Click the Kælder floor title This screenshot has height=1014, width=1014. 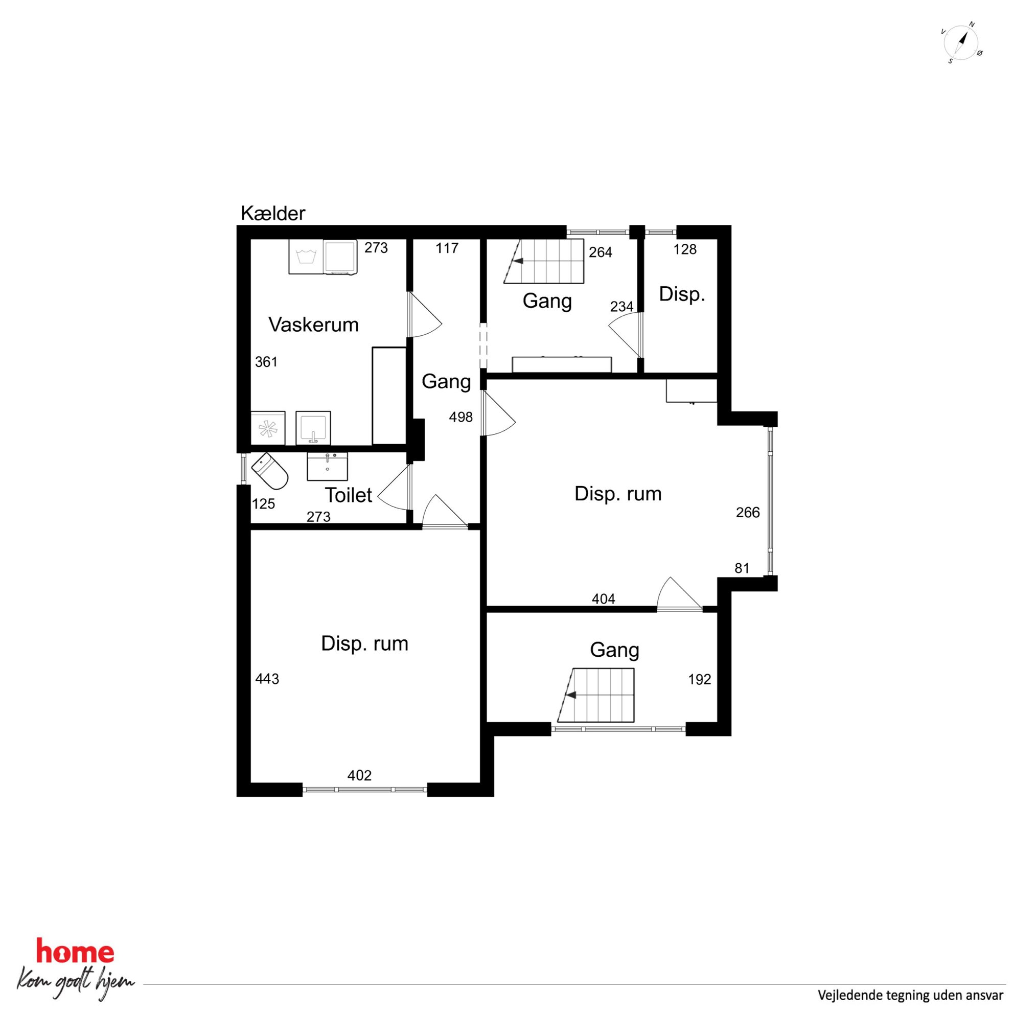pyautogui.click(x=273, y=214)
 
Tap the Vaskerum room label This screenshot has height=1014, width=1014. pyautogui.click(x=314, y=325)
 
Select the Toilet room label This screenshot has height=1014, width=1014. pyautogui.click(x=349, y=495)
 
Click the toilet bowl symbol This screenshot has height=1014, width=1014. pyautogui.click(x=270, y=471)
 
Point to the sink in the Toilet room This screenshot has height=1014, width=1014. pyautogui.click(x=327, y=467)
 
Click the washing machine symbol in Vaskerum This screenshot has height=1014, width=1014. pyautogui.click(x=306, y=257)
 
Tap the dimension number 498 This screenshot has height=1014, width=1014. pyautogui.click(x=461, y=417)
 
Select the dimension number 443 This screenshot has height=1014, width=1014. pyautogui.click(x=267, y=679)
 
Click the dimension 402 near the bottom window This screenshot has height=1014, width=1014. pyautogui.click(x=359, y=775)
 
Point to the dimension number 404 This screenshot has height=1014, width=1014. pyautogui.click(x=604, y=599)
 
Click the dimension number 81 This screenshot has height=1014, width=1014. pyautogui.click(x=742, y=568)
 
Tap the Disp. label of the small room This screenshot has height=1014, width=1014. pyautogui.click(x=682, y=294)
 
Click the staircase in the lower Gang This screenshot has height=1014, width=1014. pyautogui.click(x=596, y=695)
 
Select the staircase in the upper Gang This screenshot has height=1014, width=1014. pyautogui.click(x=544, y=261)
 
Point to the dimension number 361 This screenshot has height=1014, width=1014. pyautogui.click(x=266, y=362)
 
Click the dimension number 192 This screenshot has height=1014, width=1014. pyautogui.click(x=700, y=680)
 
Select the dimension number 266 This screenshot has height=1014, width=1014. pyautogui.click(x=748, y=512)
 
